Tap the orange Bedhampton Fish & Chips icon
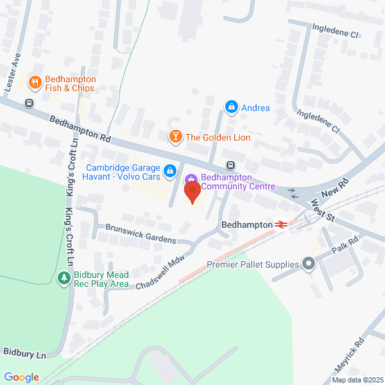pyautogui.click(x=35, y=81)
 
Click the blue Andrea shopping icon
pyautogui.click(x=231, y=107)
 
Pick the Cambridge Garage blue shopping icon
pyautogui.click(x=170, y=171)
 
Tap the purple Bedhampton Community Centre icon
pyautogui.click(x=191, y=180)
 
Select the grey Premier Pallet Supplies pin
pyautogui.click(x=309, y=264)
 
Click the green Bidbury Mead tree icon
pyautogui.click(x=64, y=278)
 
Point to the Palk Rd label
pyautogui.click(x=344, y=243)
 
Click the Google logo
pyautogui.click(x=21, y=377)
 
